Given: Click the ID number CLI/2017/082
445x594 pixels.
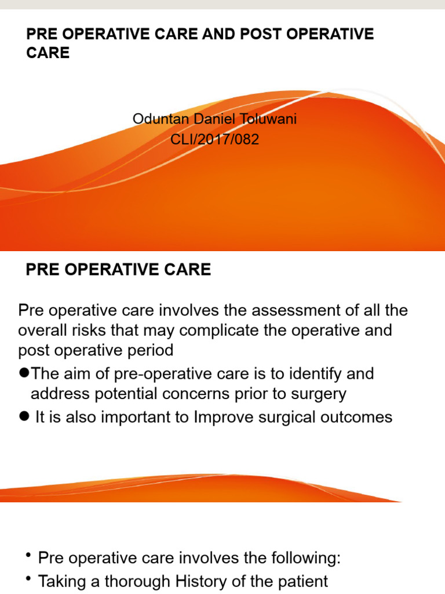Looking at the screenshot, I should [x=215, y=139].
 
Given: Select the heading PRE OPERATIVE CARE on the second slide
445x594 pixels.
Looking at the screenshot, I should [x=119, y=270].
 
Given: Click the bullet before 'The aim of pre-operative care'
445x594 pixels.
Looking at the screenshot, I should [x=24, y=374].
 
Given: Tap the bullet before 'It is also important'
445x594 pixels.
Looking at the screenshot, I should [x=24, y=417].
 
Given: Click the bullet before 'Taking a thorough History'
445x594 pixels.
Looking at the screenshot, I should [x=28, y=579].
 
